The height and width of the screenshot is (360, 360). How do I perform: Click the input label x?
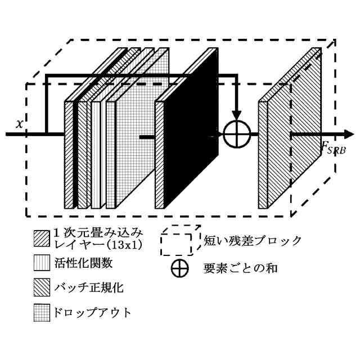point(19,124)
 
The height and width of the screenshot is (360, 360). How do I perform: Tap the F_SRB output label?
point(334,149)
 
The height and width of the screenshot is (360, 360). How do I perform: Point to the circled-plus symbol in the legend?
point(179,269)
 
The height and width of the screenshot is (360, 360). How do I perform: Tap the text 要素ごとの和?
point(241,269)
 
